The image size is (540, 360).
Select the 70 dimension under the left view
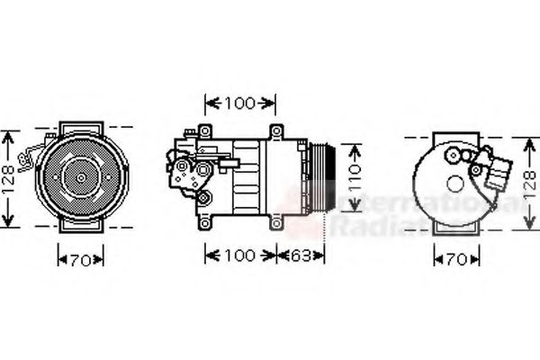(80, 261)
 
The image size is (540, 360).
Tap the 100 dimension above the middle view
(239, 103)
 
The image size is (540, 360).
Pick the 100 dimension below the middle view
(239, 256)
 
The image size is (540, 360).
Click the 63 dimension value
(302, 256)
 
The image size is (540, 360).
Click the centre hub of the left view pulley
(80, 177)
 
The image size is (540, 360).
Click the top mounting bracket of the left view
(80, 126)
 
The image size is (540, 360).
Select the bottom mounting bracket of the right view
(450, 229)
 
